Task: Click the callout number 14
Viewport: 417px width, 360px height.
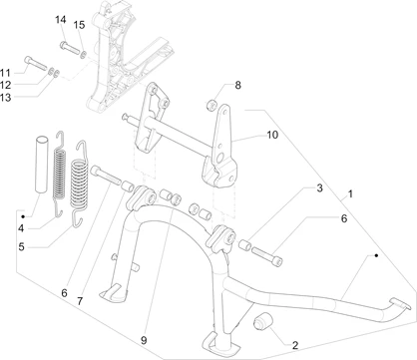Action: (x=61, y=20)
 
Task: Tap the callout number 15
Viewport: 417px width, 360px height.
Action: (x=79, y=25)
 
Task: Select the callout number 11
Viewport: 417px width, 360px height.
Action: (x=5, y=73)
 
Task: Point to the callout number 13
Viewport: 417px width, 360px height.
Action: (x=5, y=98)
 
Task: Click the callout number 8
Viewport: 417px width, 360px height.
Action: (x=237, y=85)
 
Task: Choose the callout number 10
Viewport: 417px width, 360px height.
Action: (x=272, y=135)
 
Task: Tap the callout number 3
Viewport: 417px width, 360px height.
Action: (x=319, y=188)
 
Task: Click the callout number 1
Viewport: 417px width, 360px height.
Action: (x=350, y=193)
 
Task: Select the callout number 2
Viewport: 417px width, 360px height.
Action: (x=295, y=345)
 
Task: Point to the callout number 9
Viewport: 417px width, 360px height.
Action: (x=144, y=340)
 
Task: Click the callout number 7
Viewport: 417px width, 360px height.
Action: (x=80, y=301)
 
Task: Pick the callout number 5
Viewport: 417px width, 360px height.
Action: (x=22, y=247)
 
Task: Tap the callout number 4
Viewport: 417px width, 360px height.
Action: (x=21, y=228)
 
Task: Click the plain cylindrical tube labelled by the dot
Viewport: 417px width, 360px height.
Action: (x=42, y=164)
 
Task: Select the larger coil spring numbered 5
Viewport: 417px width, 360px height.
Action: (x=80, y=183)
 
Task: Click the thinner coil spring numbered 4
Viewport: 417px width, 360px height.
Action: (x=60, y=175)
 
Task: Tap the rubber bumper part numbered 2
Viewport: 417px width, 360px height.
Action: (x=263, y=322)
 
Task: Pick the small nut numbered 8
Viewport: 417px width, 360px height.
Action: (x=211, y=106)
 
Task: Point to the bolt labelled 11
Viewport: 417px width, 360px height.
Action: (x=36, y=64)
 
